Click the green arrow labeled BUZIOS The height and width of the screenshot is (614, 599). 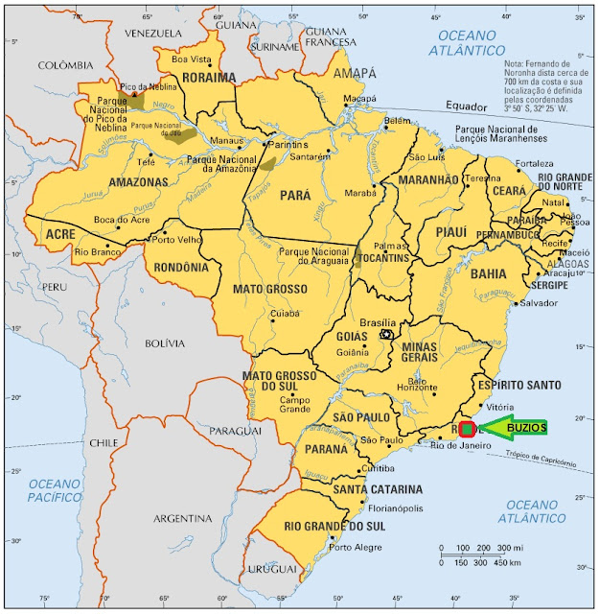[514, 427]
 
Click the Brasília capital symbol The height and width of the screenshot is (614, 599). [387, 335]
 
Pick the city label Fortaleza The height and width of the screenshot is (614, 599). [534, 163]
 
